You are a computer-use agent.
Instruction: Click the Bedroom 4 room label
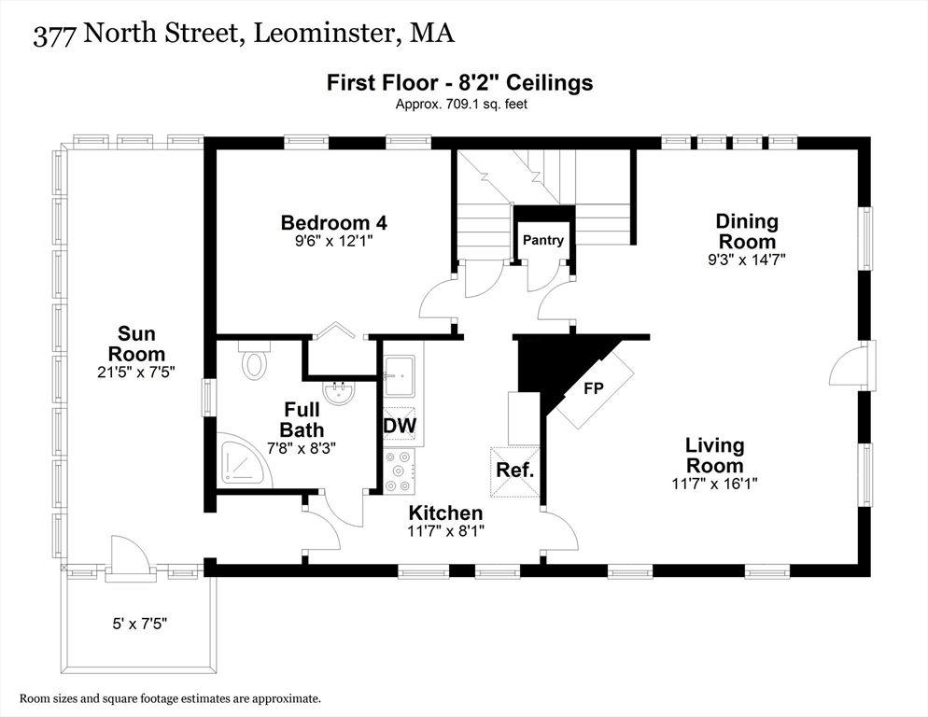point(334,222)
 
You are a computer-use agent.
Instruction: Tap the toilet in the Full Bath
point(255,360)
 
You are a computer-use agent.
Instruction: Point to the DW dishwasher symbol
point(400,426)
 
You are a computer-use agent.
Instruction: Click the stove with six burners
point(399,471)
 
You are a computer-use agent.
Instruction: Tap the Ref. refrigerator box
point(515,471)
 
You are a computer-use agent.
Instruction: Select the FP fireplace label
point(594,388)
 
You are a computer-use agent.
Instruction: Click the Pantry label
point(543,240)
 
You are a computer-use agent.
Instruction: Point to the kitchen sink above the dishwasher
point(400,376)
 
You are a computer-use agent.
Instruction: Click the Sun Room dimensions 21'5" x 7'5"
point(136,373)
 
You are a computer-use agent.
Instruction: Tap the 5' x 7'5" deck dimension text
point(140,624)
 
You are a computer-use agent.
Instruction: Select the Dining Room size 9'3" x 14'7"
point(747,260)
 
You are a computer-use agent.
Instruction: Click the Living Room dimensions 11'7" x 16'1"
point(715,484)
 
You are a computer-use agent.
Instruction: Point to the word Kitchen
point(445,513)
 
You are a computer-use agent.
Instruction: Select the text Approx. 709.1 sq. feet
point(461,105)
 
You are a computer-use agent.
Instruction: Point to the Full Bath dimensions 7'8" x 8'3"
point(302,448)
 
